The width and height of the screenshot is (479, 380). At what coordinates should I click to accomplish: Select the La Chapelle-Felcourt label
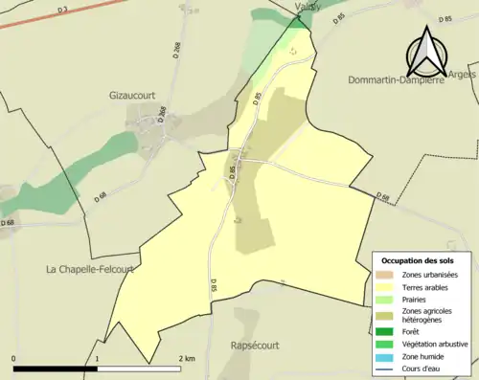89,270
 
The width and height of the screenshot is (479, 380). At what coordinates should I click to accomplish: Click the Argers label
464,75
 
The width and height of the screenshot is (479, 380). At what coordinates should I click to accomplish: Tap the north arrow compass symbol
426,53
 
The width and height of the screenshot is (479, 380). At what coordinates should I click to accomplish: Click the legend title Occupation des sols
420,260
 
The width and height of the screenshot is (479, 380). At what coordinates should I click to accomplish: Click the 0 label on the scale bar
14,358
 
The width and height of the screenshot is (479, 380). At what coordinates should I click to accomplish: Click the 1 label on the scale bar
97,358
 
